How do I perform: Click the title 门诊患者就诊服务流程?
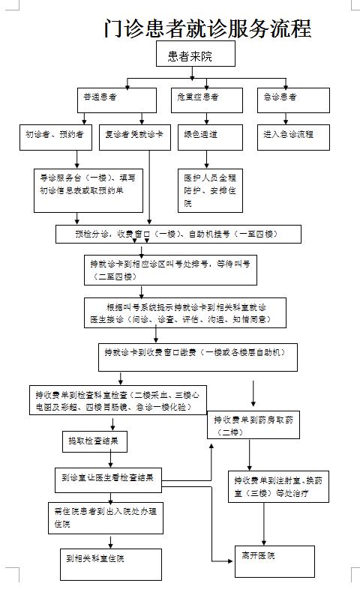208,28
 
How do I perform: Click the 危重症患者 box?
198,98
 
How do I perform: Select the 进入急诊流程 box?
293,136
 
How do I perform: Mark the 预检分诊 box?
178,235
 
